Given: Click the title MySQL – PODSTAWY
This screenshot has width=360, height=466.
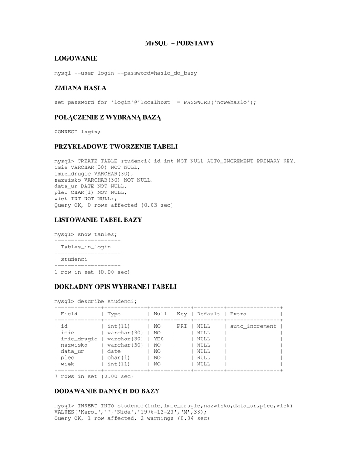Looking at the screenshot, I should [x=179, y=43].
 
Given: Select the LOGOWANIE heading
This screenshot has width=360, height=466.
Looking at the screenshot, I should [x=76, y=58].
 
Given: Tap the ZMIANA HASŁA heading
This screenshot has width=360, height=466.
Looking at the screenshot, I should [x=81, y=88].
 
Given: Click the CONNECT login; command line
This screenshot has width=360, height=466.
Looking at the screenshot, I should [x=77, y=132].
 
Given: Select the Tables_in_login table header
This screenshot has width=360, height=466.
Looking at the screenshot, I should [x=86, y=247].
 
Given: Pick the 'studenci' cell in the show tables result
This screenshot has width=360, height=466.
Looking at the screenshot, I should [x=74, y=259].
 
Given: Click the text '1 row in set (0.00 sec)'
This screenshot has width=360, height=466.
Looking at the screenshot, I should [x=92, y=272].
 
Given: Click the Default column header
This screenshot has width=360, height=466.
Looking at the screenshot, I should [x=208, y=314].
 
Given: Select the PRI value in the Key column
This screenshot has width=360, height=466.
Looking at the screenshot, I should [x=182, y=326].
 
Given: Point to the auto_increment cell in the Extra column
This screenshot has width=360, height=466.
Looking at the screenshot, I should [x=253, y=326].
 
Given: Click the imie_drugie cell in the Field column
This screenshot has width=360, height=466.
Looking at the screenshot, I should [x=79, y=339].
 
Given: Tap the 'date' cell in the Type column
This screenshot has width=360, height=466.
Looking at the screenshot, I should [x=114, y=351].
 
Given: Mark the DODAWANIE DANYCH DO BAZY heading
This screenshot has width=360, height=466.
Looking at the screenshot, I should [x=107, y=391].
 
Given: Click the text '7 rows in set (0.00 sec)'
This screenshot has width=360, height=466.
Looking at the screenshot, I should [x=94, y=376].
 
